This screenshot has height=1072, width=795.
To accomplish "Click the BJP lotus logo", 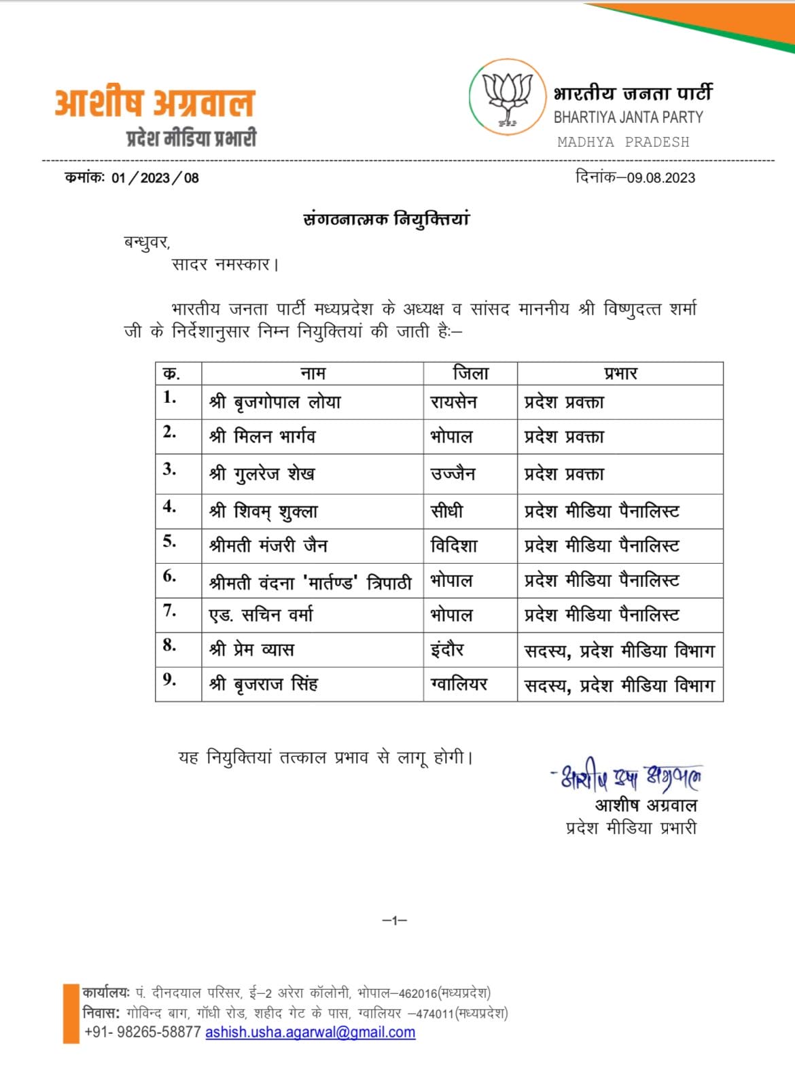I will tap(508, 97).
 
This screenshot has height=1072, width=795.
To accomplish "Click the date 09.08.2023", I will tap(660, 178).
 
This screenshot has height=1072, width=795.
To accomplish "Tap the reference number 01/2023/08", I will tap(155, 178).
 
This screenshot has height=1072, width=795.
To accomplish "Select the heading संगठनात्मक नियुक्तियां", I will tap(386, 219).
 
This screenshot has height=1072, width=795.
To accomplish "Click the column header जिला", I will tap(470, 373).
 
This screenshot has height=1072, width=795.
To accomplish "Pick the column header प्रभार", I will tap(620, 373).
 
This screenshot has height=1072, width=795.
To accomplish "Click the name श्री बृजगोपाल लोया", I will tap(275, 402).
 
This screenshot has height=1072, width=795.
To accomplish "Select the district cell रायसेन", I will tap(454, 402).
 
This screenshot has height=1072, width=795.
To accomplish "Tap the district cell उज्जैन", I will tap(453, 474).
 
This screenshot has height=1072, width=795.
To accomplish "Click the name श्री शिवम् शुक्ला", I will tap(264, 512).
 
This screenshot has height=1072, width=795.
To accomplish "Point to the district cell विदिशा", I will tap(454, 546).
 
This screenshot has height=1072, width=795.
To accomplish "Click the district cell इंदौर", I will tap(447, 649).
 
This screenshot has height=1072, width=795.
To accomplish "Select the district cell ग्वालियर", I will tap(459, 684).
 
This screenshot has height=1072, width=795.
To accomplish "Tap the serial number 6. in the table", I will tap(170, 576).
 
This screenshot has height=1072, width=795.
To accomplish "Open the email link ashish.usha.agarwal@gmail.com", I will tap(310, 1033).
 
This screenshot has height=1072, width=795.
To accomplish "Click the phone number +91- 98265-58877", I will tap(143, 1033).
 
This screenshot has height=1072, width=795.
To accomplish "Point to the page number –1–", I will tap(394, 921).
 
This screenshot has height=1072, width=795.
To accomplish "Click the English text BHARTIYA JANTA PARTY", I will tap(628, 118).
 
